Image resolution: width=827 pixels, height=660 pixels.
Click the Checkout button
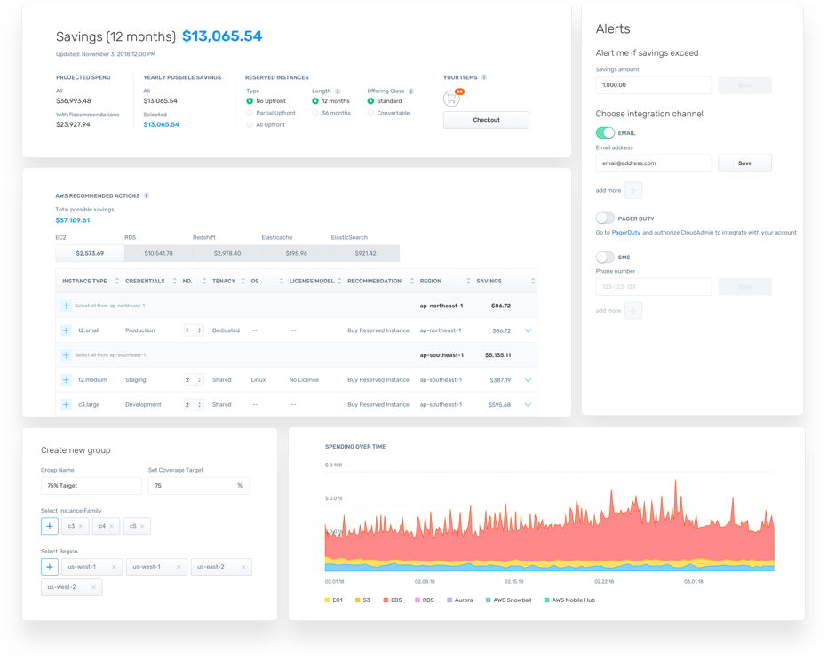click(486, 120)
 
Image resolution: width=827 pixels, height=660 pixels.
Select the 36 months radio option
click(315, 114)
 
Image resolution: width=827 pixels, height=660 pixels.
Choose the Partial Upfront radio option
click(250, 114)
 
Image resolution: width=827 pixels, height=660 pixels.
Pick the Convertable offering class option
click(370, 114)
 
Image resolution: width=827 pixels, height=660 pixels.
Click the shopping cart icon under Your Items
click(452, 99)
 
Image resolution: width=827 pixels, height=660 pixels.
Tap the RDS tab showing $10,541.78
click(157, 254)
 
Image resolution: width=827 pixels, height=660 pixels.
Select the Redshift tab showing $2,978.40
click(227, 254)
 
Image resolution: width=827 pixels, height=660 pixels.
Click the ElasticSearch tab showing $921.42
click(365, 254)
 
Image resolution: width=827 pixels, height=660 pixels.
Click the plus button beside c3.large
click(66, 405)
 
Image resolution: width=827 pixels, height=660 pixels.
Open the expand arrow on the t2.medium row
click(528, 380)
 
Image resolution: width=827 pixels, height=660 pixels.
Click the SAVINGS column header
click(489, 282)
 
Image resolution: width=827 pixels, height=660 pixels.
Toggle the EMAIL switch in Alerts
click(605, 132)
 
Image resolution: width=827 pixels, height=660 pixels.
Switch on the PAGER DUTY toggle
click(605, 218)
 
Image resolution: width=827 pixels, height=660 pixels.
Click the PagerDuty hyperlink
click(625, 233)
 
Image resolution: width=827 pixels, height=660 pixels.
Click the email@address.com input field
click(653, 163)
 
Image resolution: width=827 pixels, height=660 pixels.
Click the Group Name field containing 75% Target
click(91, 486)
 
